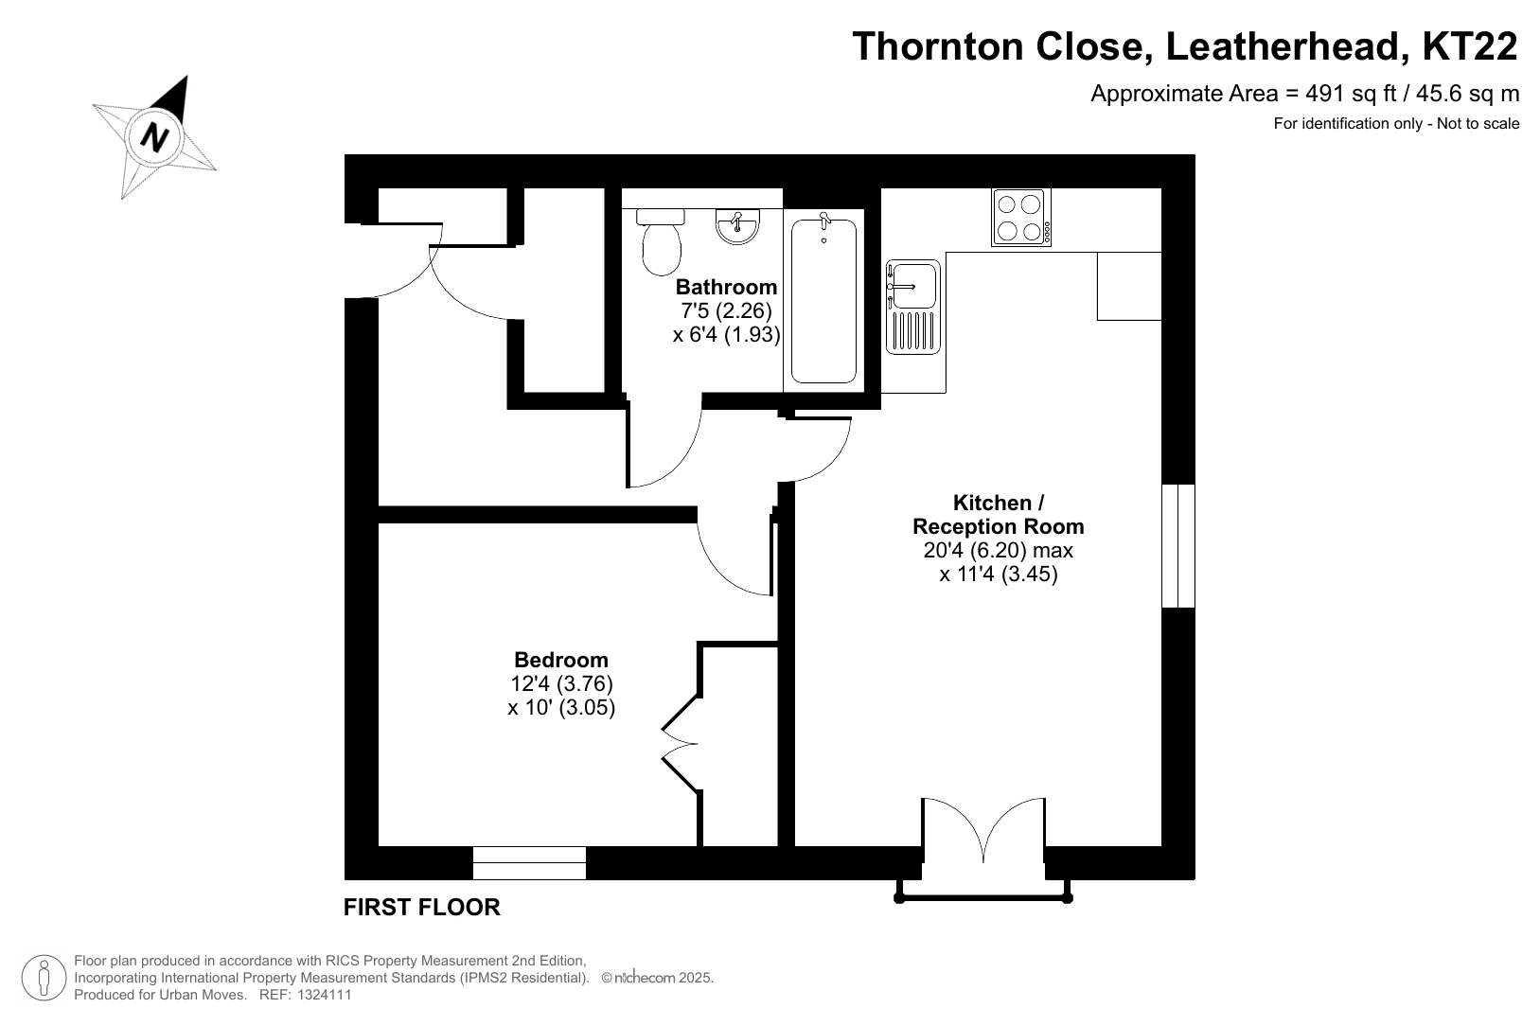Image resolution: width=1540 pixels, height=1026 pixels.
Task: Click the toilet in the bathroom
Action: click(x=661, y=242)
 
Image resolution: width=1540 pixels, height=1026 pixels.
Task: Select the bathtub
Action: click(x=823, y=301)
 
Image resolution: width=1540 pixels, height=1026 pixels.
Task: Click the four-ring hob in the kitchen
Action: click(x=1021, y=218)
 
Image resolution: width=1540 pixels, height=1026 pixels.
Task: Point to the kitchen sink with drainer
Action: click(x=913, y=307)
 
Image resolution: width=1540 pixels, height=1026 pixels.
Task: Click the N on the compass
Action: click(x=154, y=137)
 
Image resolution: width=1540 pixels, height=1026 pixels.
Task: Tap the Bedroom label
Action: click(x=561, y=660)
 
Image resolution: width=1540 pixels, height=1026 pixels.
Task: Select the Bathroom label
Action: click(x=726, y=287)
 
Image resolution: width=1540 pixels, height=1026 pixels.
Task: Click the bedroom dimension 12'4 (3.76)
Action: click(x=561, y=683)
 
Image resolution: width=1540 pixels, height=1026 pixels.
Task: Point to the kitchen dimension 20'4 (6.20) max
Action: click(x=999, y=550)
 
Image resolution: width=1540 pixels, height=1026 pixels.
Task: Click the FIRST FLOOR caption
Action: click(x=421, y=908)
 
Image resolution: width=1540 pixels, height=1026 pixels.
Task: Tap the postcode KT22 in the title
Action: click(x=1470, y=46)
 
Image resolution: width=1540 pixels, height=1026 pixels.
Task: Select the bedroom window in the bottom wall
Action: click(x=529, y=863)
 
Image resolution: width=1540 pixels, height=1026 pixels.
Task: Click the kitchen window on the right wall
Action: click(x=1178, y=546)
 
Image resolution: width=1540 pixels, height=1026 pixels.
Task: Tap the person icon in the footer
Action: click(x=44, y=978)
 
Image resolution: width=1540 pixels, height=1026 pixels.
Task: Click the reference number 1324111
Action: click(x=324, y=995)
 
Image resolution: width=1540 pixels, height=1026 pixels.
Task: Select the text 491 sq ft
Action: click(x=1351, y=95)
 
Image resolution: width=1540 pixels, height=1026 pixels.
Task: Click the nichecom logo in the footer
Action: click(x=645, y=978)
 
